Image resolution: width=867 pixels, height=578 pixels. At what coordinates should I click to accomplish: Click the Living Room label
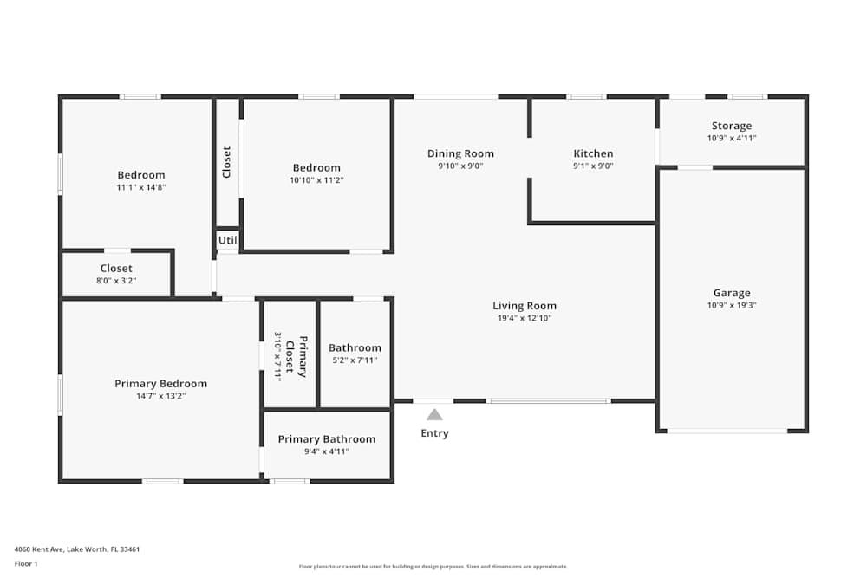click(x=525, y=305)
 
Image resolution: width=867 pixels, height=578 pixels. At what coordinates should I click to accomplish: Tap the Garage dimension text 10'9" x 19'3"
click(x=732, y=305)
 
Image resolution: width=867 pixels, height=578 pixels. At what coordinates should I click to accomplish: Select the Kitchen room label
click(x=593, y=153)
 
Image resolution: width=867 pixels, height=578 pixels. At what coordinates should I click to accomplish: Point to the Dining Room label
click(x=460, y=153)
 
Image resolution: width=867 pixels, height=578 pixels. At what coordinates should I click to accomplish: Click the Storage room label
click(x=732, y=126)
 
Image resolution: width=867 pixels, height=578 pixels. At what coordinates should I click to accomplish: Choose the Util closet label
click(x=227, y=240)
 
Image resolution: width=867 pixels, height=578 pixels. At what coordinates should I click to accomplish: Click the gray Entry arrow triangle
click(x=434, y=415)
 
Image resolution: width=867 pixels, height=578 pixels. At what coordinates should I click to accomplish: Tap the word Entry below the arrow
click(x=434, y=433)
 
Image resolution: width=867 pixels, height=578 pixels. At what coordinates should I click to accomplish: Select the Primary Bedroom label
click(x=161, y=384)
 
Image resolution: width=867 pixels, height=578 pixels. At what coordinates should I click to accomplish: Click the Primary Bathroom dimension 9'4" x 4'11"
click(x=326, y=451)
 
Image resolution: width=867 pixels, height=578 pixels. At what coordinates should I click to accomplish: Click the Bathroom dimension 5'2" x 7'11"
click(x=355, y=360)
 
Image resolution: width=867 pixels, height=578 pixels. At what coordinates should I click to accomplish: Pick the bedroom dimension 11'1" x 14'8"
click(x=141, y=187)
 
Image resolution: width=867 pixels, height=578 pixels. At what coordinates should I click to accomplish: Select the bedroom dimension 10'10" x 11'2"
click(x=316, y=180)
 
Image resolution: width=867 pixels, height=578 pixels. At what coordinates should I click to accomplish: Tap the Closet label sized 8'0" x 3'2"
click(x=116, y=269)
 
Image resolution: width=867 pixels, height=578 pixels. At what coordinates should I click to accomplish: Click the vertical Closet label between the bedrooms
click(x=227, y=162)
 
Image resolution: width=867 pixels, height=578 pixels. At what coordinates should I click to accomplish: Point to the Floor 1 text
click(x=26, y=563)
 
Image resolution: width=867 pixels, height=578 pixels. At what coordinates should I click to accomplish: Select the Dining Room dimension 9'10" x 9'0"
click(x=460, y=166)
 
